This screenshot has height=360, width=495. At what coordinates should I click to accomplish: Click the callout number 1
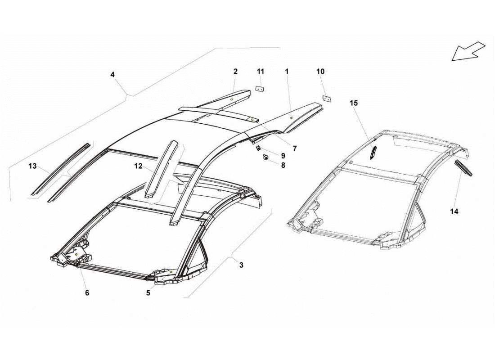tap(286, 72)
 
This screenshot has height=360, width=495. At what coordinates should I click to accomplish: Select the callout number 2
tap(235, 72)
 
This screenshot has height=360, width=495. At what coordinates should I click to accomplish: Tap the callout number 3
tap(241, 265)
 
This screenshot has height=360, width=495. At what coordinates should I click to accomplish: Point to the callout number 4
tap(112, 75)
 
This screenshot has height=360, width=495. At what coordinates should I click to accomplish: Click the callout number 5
tap(148, 293)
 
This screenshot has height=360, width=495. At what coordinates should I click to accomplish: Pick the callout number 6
tap(87, 293)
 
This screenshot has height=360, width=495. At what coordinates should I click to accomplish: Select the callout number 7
tap(295, 148)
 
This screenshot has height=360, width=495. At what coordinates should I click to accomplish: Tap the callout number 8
tap(283, 165)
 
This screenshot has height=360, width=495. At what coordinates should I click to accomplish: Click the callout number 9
tap(283, 156)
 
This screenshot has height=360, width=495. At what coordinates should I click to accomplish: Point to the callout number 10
tap(320, 72)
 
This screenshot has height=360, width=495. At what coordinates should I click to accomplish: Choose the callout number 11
tap(261, 72)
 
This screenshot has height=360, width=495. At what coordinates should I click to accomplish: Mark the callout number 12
tap(138, 166)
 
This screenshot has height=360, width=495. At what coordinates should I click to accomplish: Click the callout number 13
tap(32, 166)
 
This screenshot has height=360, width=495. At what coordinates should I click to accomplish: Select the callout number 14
tap(454, 211)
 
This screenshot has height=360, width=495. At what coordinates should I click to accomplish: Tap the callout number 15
tap(354, 103)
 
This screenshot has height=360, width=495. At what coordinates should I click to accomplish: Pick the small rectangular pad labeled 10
tap(328, 98)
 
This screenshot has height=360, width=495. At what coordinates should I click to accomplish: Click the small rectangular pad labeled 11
tap(260, 89)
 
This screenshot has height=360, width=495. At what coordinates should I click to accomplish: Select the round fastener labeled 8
tap(266, 157)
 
